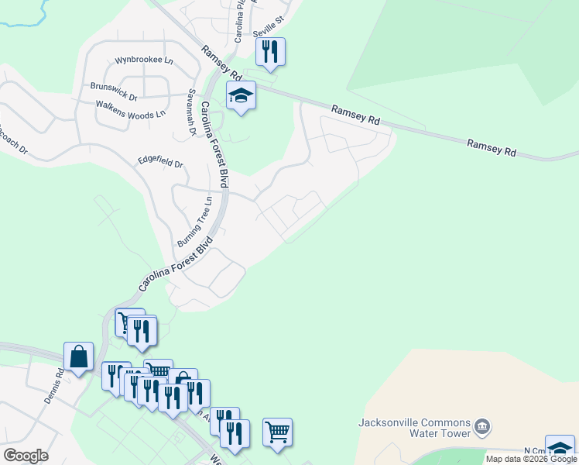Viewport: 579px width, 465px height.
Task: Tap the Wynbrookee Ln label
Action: pyautogui.click(x=144, y=60)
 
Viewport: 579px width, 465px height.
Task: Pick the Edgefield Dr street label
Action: pyautogui.click(x=160, y=164)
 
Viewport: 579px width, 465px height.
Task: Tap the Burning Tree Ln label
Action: pyautogui.click(x=194, y=222)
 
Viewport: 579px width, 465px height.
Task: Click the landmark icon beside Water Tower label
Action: pyautogui.click(x=482, y=427)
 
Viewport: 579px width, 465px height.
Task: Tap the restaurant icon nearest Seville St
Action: pyautogui.click(x=270, y=51)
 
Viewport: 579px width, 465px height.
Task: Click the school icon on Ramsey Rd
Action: pyautogui.click(x=241, y=95)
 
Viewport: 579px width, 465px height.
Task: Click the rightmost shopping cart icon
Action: pyautogui.click(x=277, y=432)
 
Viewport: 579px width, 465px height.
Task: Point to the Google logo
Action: pyautogui.click(x=26, y=456)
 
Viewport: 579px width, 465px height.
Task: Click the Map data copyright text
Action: pyautogui.click(x=531, y=459)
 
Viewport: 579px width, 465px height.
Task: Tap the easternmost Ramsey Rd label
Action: pyautogui.click(x=492, y=148)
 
